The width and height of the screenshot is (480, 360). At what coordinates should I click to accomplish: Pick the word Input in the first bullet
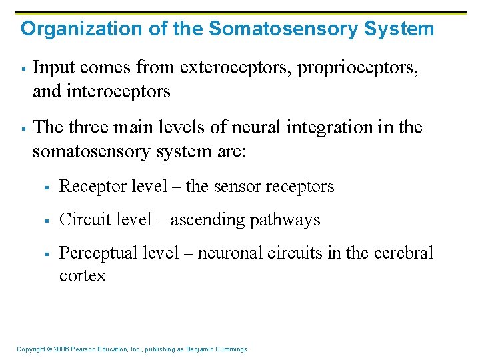(x=51, y=68)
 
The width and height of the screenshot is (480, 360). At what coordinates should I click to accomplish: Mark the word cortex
(x=82, y=276)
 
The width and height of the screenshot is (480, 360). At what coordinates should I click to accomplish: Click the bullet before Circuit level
(x=49, y=220)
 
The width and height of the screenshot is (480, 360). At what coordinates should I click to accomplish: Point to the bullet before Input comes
(x=23, y=68)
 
